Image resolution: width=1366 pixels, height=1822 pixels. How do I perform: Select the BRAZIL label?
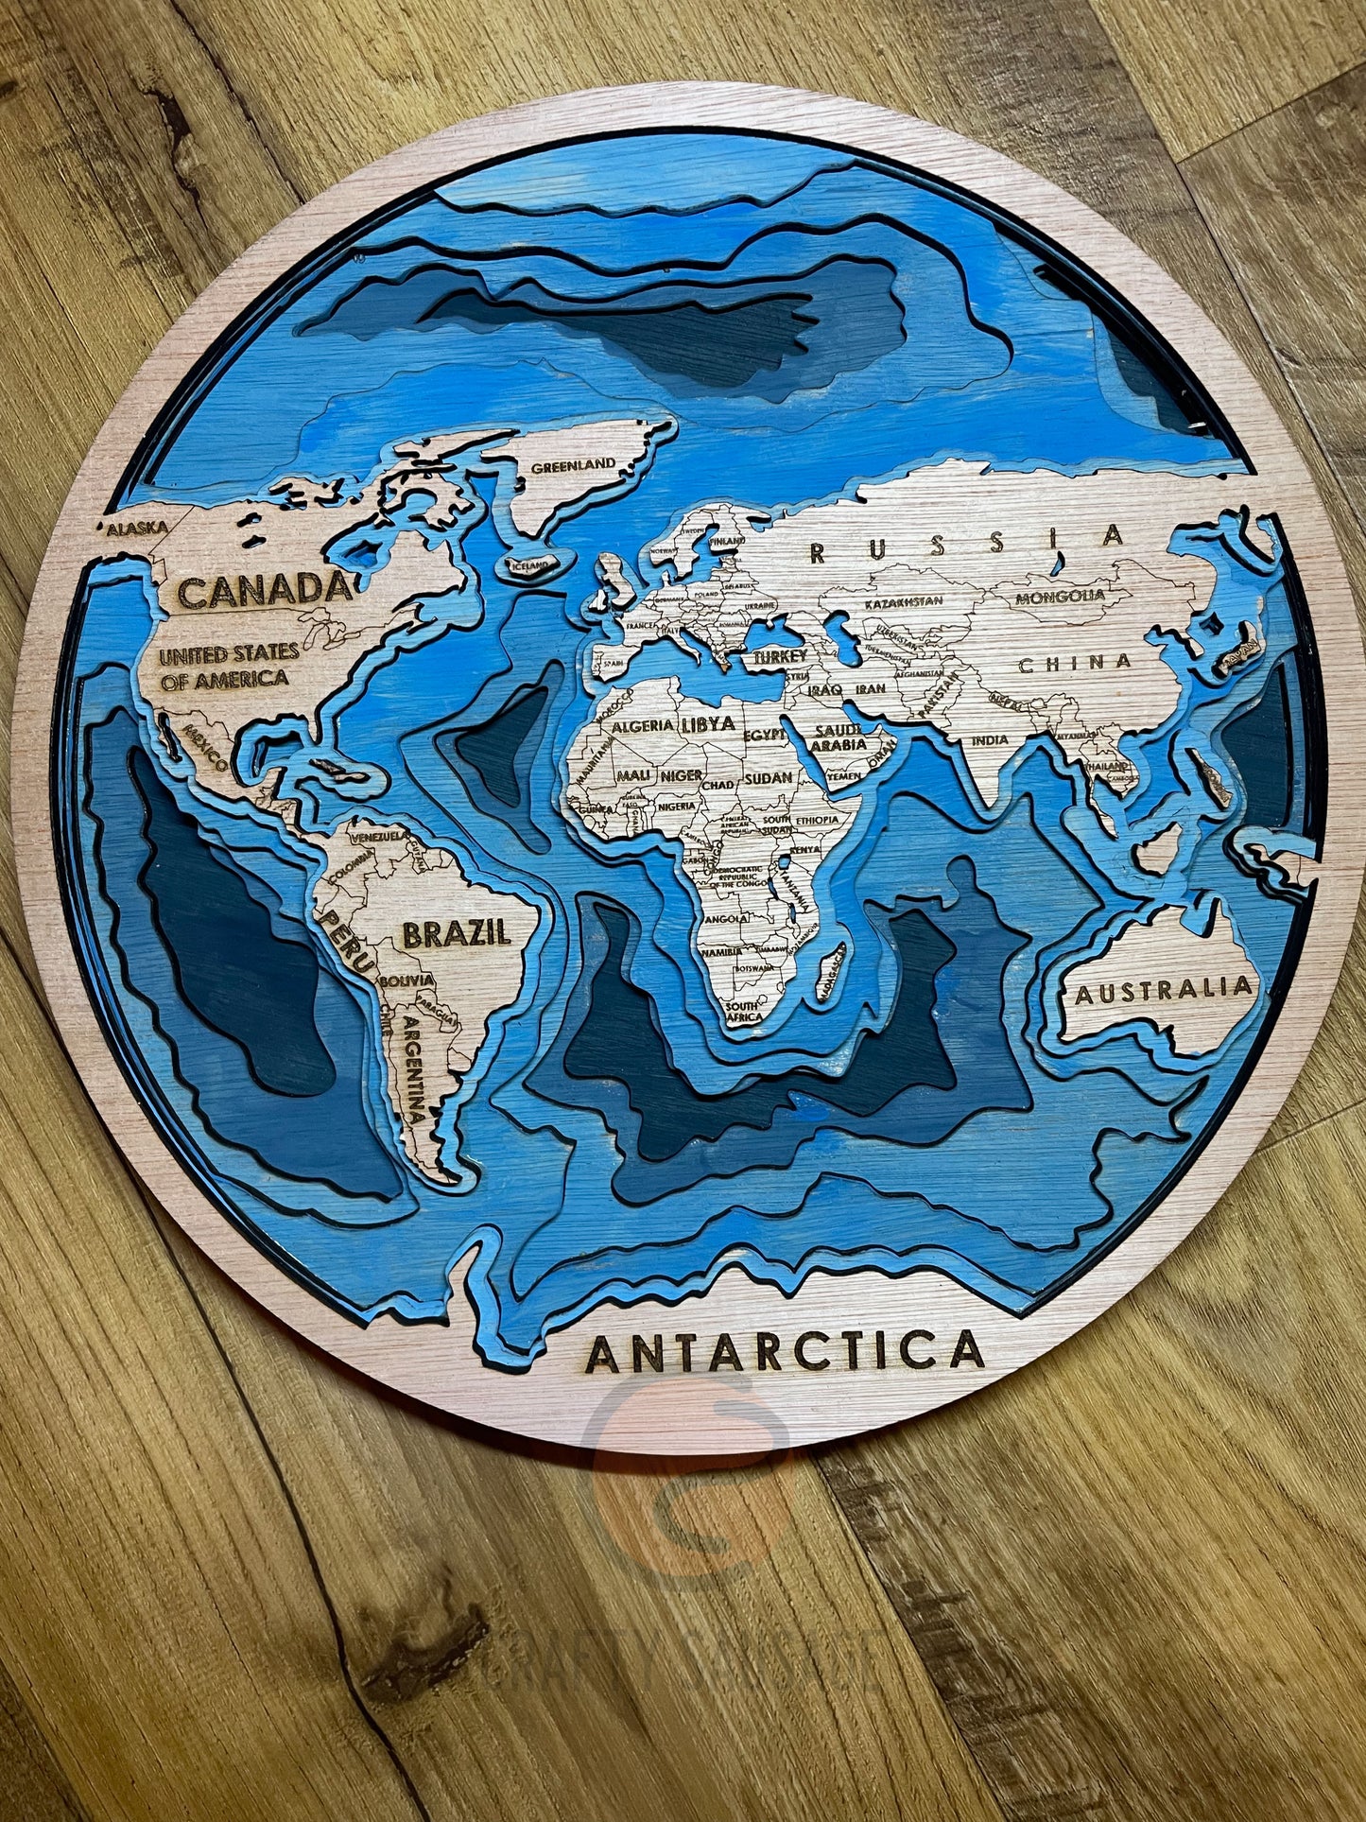click(x=457, y=933)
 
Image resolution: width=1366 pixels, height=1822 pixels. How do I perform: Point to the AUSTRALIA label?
click(x=1163, y=990)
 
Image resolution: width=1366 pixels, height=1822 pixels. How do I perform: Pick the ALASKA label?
click(x=136, y=529)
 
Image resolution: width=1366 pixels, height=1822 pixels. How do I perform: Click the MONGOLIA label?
click(x=1060, y=597)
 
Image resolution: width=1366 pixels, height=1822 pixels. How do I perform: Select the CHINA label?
click(x=1075, y=663)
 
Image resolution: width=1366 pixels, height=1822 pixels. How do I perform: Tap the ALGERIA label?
click(x=643, y=727)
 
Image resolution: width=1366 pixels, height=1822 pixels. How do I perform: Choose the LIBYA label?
click(x=706, y=725)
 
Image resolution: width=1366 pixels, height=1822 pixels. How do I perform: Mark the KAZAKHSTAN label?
click(x=905, y=600)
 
